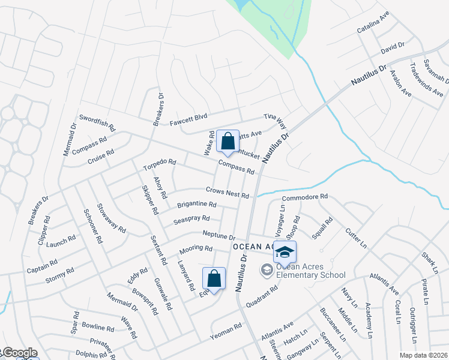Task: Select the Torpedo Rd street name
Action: tap(159, 165)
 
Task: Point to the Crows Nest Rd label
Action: tap(227, 193)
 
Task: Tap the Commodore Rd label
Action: tap(304, 197)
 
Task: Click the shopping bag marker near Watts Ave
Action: tap(228, 142)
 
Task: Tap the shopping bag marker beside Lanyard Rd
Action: tap(214, 279)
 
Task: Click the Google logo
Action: tap(19, 353)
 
